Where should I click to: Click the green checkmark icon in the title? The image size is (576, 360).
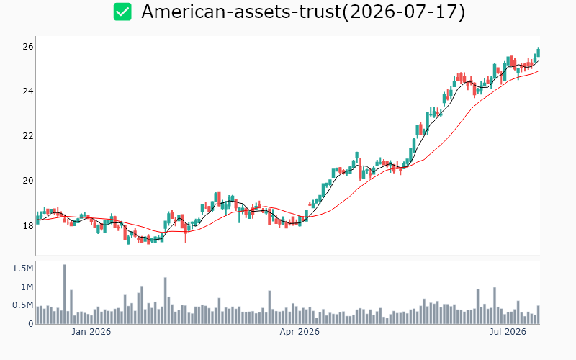(122, 12)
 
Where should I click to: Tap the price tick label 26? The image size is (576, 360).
(28, 47)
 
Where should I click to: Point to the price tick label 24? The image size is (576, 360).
(28, 91)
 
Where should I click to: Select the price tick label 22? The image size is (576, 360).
(28, 136)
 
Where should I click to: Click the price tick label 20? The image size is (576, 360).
(28, 181)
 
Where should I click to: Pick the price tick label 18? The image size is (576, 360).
(28, 225)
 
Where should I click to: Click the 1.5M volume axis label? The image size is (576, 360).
(23, 269)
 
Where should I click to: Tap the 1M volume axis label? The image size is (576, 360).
(27, 287)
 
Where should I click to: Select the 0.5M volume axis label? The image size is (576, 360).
(23, 305)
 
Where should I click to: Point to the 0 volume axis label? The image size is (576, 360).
(31, 324)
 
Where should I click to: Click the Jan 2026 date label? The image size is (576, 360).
(91, 332)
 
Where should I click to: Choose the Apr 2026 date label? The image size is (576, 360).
(300, 332)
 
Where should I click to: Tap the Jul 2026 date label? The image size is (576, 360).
(508, 332)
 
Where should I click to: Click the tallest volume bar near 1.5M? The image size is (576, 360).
(65, 294)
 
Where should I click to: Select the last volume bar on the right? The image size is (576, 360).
(539, 315)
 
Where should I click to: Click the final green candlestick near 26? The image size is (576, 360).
(539, 52)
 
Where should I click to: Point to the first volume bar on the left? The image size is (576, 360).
(37, 315)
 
